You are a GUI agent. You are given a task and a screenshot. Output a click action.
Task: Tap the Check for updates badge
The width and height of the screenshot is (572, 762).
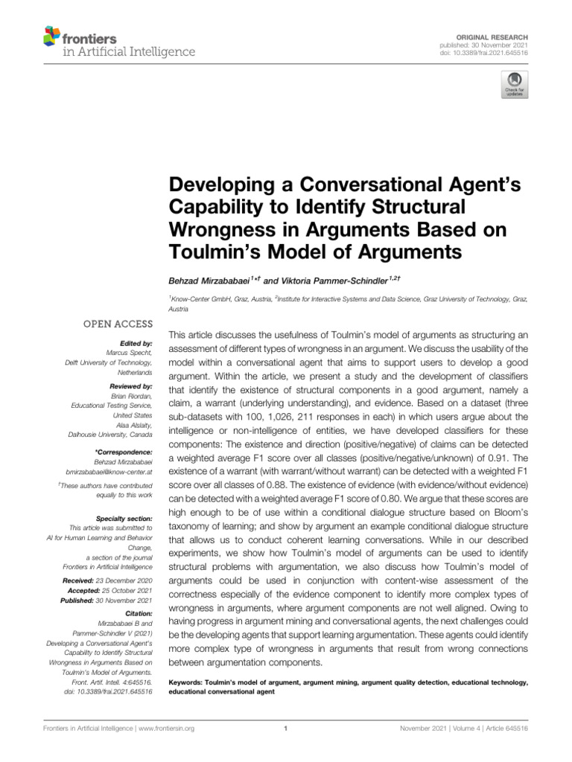(x=513, y=86)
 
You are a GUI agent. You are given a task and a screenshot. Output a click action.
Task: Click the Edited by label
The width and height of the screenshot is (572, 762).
(x=137, y=344)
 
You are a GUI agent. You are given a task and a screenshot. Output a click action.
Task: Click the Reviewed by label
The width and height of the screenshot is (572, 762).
(x=132, y=388)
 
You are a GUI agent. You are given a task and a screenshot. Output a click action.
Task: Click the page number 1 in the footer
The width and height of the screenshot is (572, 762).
(x=286, y=729)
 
